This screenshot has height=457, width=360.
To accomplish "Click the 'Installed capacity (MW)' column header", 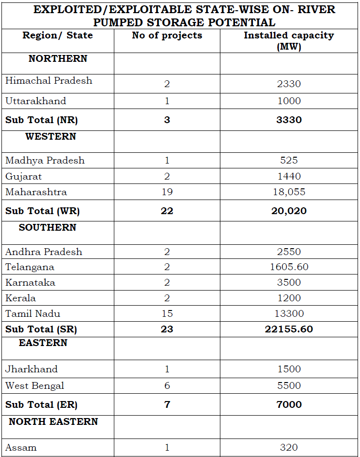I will [x=289, y=41].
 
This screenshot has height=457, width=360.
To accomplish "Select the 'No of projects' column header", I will [x=167, y=36].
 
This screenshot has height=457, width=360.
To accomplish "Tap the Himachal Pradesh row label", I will [x=49, y=81].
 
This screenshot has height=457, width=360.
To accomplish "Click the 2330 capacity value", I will [x=289, y=84].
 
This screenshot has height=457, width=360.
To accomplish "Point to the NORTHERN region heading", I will [x=58, y=58].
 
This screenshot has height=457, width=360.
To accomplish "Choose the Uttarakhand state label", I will [x=36, y=101].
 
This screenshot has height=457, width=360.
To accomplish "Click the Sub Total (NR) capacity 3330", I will [x=289, y=120].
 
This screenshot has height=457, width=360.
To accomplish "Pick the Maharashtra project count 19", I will [x=167, y=192].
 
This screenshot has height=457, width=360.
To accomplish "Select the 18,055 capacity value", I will [x=289, y=192].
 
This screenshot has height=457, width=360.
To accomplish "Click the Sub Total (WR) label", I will [x=42, y=211].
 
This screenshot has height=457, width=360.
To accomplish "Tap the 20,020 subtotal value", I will [x=289, y=211].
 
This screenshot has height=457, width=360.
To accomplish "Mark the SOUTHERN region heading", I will [x=48, y=227].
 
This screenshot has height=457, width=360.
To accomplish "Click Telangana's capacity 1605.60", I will [x=289, y=267].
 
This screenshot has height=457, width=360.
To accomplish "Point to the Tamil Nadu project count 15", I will [x=167, y=313].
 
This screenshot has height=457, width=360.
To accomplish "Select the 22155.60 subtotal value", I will [x=289, y=329].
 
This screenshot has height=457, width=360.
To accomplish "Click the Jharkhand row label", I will [x=31, y=369].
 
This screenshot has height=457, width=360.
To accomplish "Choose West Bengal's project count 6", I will [x=167, y=385].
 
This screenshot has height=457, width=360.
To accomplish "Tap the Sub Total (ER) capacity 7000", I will [x=289, y=404].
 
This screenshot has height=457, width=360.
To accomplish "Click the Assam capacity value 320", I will [x=289, y=447].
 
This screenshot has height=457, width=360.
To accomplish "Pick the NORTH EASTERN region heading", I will [x=54, y=421].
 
